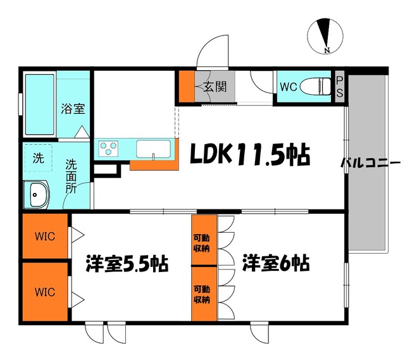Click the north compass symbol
(x=325, y=37)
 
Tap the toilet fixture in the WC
(x=315, y=86)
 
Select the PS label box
(x=340, y=87)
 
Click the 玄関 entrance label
(x=215, y=87)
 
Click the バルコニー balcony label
(x=371, y=163)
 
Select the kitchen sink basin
(x=153, y=149)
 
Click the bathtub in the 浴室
(x=40, y=104)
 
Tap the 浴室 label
(x=73, y=109)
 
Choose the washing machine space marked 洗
(x=39, y=158)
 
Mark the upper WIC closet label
(x=45, y=237)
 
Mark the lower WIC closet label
(x=45, y=292)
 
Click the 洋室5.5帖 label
(x=127, y=264)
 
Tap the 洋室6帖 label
(x=276, y=263)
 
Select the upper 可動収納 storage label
(x=202, y=244)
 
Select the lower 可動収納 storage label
(x=202, y=294)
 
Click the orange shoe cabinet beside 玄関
(x=187, y=86)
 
